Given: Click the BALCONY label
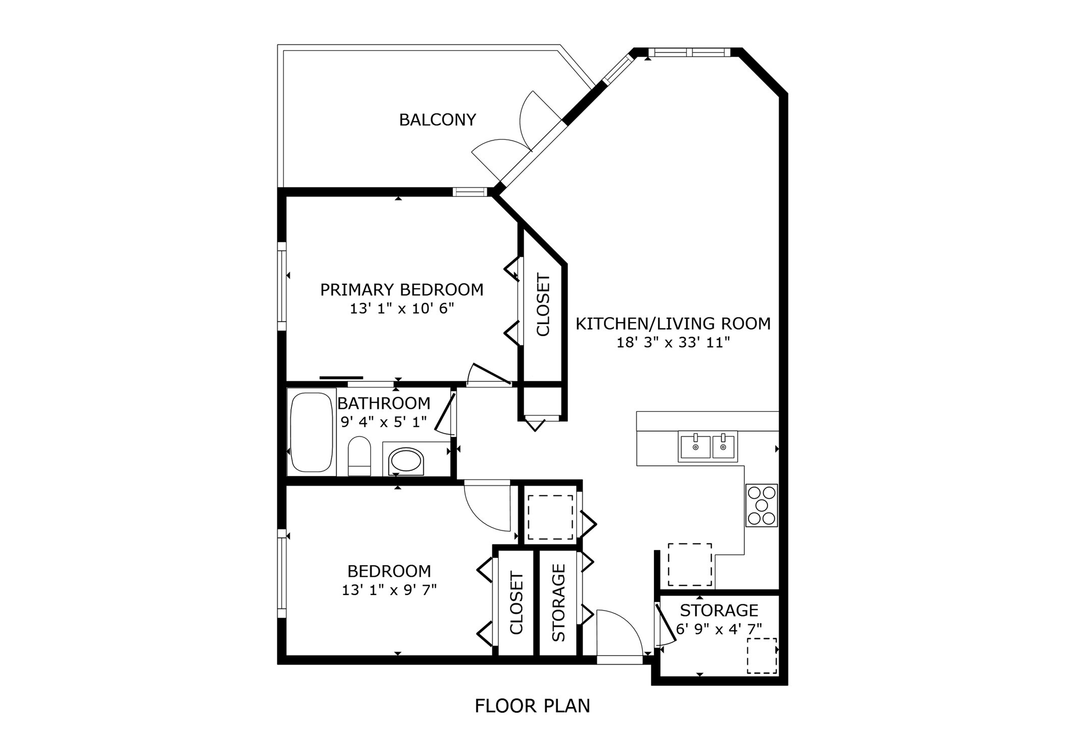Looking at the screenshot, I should (437, 120).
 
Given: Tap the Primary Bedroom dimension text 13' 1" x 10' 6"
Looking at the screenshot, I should (402, 309).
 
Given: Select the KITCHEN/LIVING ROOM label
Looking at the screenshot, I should (673, 323).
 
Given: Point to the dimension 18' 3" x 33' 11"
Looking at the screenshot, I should (673, 343).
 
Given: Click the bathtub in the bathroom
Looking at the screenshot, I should (311, 432).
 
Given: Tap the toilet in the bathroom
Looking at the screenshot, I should (360, 456).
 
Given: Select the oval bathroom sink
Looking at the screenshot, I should (406, 461).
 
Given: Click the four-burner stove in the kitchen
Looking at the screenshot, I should (762, 506).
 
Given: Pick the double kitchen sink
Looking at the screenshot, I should (707, 446).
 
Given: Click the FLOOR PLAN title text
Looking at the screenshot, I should (532, 706).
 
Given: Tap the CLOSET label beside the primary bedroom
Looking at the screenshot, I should (543, 305).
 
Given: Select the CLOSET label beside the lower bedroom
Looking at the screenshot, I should (516, 603).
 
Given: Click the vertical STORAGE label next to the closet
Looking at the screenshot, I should (559, 603).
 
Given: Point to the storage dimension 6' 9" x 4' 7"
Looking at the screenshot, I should (719, 629).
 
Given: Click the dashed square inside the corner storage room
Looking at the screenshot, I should (762, 656).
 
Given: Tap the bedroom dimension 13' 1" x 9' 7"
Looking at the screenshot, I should (389, 590).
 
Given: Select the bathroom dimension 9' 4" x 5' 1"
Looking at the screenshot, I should (384, 422).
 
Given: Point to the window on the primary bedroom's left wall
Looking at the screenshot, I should (282, 286).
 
